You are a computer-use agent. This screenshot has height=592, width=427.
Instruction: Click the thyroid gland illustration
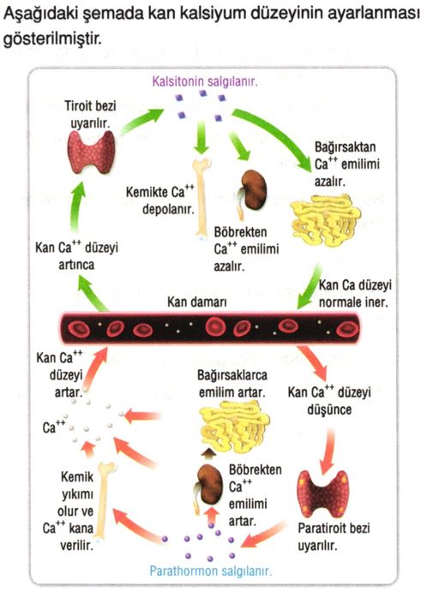(91, 152)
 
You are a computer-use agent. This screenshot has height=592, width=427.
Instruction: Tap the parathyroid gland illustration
(323, 493)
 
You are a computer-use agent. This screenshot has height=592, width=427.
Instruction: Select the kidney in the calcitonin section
(252, 192)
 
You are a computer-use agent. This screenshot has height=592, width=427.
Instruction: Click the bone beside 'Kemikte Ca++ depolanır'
(201, 198)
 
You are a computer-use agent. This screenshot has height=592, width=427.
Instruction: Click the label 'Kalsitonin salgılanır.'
(205, 81)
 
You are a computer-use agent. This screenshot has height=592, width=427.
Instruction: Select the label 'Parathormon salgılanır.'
(210, 571)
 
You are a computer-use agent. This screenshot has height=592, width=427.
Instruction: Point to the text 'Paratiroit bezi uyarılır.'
(334, 536)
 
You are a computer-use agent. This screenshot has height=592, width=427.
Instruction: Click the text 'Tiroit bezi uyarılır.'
(90, 114)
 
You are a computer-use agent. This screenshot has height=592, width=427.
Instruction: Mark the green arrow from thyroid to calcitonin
(141, 121)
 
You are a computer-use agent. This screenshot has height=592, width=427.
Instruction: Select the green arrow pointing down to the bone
(201, 137)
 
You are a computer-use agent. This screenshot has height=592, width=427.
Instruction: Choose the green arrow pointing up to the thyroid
(77, 206)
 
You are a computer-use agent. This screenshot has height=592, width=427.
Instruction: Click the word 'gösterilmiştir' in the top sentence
(52, 39)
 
